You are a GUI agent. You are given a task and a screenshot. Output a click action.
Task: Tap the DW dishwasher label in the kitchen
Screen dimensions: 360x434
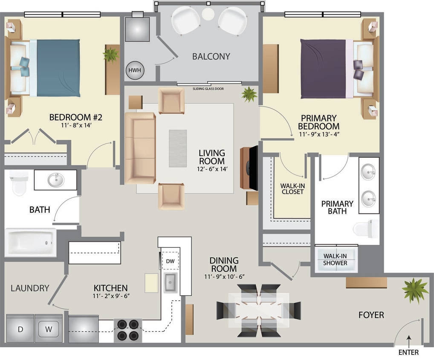[x=170, y=261]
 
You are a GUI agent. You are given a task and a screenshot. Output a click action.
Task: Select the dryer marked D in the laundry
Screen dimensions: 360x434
[x=20, y=329]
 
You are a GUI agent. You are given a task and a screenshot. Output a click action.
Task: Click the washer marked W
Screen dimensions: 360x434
[x=49, y=329]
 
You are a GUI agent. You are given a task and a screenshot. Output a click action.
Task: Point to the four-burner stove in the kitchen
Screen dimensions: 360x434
[x=128, y=329]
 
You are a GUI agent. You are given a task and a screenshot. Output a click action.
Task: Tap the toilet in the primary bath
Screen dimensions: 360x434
[x=366, y=229]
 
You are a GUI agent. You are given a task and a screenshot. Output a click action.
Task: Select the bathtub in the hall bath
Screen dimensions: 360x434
[x=30, y=242]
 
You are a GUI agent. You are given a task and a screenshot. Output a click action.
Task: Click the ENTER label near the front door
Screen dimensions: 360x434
[x=408, y=352]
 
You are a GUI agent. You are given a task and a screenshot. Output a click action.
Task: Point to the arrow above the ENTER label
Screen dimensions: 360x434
[x=408, y=340]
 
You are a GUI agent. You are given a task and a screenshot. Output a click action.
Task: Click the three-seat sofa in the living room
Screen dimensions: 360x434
[x=140, y=148]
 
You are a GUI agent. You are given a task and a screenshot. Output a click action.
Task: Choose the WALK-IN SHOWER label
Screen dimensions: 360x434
[x=335, y=259]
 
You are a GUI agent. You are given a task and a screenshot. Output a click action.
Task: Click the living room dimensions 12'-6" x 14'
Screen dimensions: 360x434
[x=211, y=169]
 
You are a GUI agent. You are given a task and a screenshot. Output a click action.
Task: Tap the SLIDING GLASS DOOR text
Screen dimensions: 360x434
[x=208, y=89]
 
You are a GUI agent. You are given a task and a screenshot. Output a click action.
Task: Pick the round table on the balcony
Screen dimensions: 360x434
[x=208, y=14]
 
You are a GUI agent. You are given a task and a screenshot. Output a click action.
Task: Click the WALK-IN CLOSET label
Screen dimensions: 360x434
[x=292, y=189]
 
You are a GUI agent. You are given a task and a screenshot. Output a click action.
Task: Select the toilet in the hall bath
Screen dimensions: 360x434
[x=19, y=182]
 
